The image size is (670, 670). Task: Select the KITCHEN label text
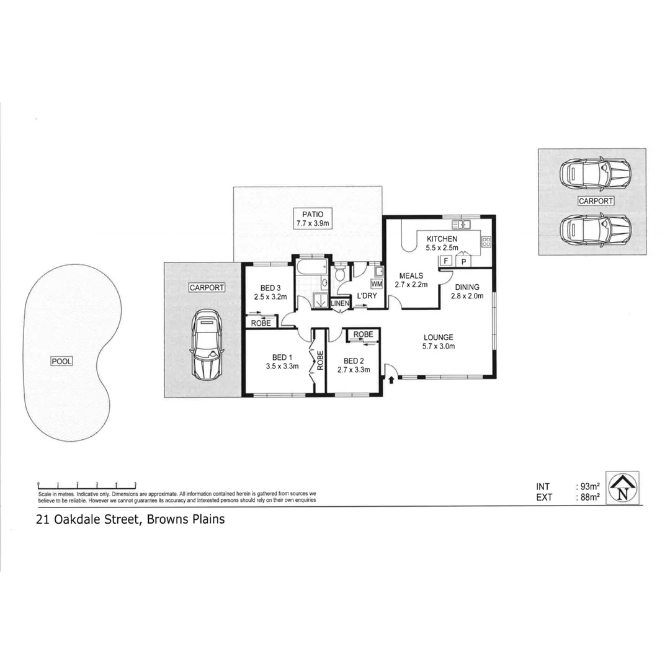point(442,239)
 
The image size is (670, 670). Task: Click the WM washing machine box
point(377,284)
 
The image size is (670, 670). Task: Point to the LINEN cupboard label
point(340,303)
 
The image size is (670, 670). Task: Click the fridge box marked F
point(445,261)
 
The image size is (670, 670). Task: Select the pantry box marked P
point(463,261)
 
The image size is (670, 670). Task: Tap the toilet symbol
point(340,275)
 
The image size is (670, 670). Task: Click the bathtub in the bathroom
point(311,268)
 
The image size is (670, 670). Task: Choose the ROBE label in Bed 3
point(260,323)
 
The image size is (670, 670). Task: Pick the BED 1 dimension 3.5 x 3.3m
point(282,366)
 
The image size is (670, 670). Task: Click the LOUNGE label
point(439,337)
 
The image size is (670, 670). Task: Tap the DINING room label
point(467,287)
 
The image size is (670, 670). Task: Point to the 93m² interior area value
point(589,487)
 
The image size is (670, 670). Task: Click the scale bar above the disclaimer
point(87,484)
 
